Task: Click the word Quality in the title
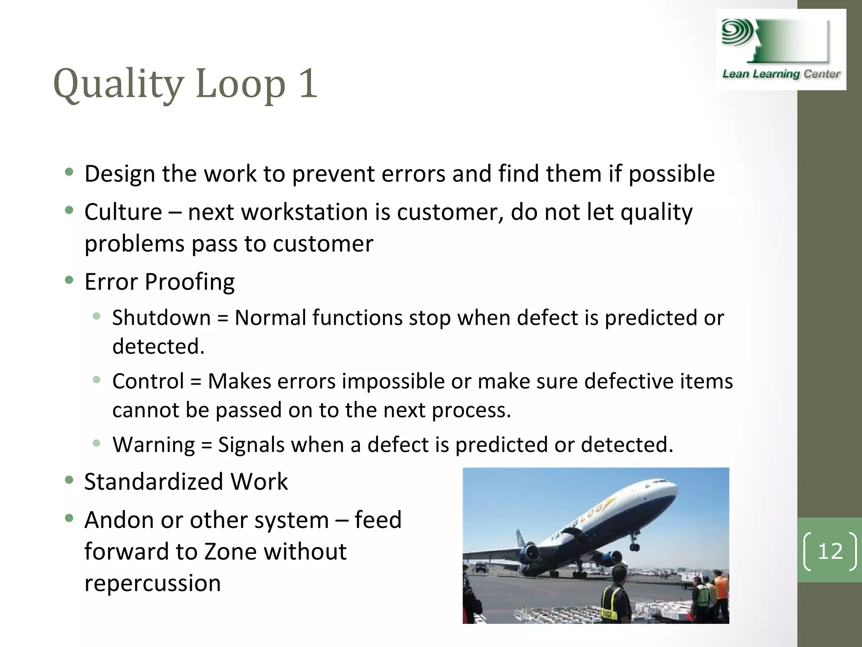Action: (x=118, y=84)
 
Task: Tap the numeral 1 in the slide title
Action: (x=307, y=83)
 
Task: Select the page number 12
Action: (x=830, y=551)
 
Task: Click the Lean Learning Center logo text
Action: (x=781, y=74)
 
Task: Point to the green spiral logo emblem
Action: (x=737, y=32)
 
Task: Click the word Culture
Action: (x=123, y=212)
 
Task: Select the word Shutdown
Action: (x=161, y=318)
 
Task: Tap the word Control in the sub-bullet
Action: (x=148, y=381)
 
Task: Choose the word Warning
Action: (x=154, y=445)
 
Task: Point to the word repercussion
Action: (x=152, y=583)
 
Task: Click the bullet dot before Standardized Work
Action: (x=69, y=480)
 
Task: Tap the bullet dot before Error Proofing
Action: (x=69, y=280)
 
